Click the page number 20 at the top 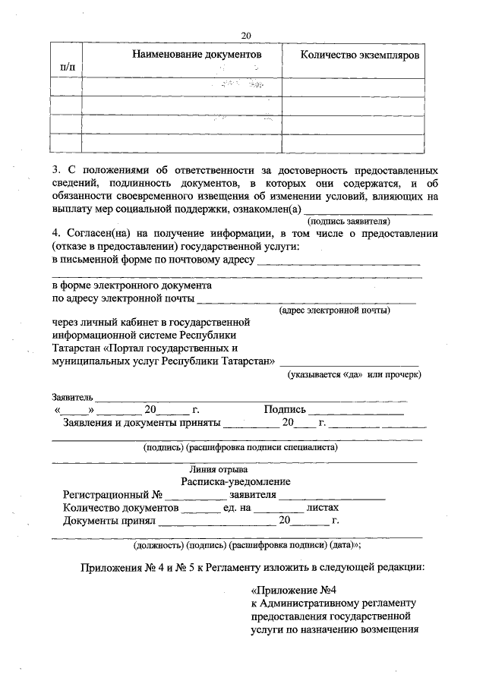pyautogui.click(x=245, y=35)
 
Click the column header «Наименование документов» pyautogui.click(x=197, y=55)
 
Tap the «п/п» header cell pyautogui.click(x=67, y=68)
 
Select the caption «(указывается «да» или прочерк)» pyautogui.click(x=354, y=374)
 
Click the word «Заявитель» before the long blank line pyautogui.click(x=72, y=397)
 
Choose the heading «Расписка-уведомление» pyautogui.click(x=236, y=481)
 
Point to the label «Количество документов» pyautogui.click(x=121, y=508)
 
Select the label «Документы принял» pyautogui.click(x=109, y=522)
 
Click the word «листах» pyautogui.click(x=322, y=508)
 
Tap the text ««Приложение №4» pyautogui.click(x=293, y=590)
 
